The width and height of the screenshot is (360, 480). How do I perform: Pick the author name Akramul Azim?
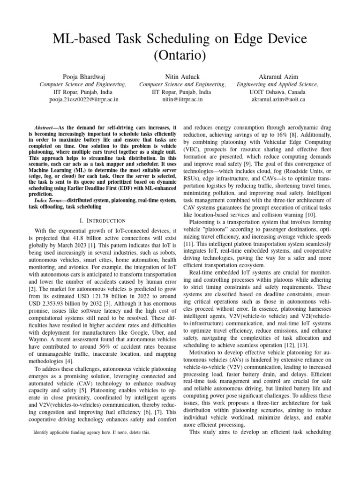click(278, 76)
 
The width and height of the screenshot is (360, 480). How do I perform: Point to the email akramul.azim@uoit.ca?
click(278, 99)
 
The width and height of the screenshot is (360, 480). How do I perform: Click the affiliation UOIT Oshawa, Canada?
click(278, 92)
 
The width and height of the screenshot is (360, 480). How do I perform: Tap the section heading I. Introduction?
click(102, 220)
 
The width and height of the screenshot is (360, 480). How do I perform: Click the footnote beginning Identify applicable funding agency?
click(92, 433)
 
